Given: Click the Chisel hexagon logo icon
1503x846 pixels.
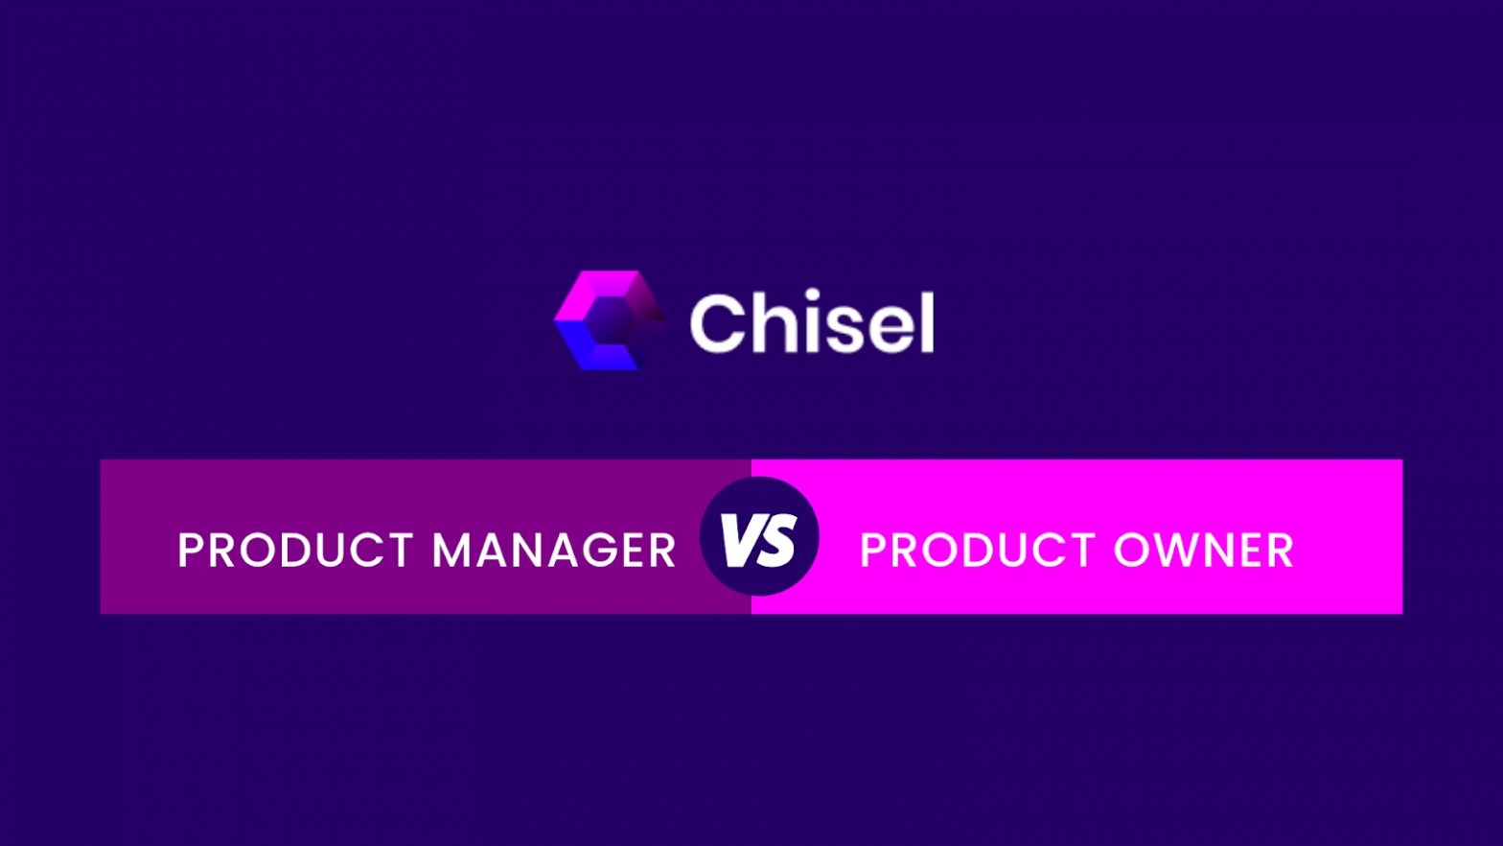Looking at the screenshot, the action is [x=610, y=320].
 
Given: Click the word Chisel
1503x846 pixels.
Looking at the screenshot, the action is [x=812, y=321].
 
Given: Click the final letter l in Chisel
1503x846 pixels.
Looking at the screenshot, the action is [x=927, y=321].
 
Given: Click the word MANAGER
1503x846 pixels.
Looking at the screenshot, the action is [x=554, y=551].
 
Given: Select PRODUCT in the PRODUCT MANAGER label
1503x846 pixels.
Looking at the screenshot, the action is [x=296, y=551].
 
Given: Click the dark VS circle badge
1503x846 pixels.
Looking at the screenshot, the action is [x=759, y=536].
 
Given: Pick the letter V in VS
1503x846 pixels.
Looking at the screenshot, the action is [x=740, y=539].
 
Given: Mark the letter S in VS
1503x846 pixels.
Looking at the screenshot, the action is [x=777, y=539].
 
